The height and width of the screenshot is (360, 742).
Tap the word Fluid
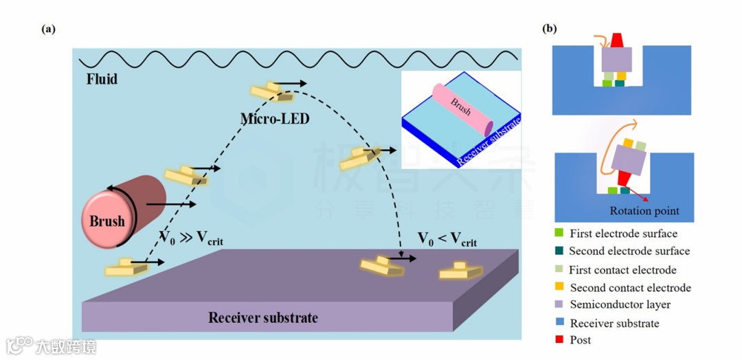(x=102, y=78)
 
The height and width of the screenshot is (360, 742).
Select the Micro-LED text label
(x=275, y=119)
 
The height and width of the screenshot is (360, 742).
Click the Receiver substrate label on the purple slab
(x=263, y=317)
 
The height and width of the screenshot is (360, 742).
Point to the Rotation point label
(x=644, y=211)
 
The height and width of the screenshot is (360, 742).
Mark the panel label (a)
(x=48, y=29)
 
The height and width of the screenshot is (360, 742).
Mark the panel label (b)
(x=550, y=29)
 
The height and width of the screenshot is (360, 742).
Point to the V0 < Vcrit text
(x=447, y=239)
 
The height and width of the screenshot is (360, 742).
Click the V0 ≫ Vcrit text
(x=192, y=238)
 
